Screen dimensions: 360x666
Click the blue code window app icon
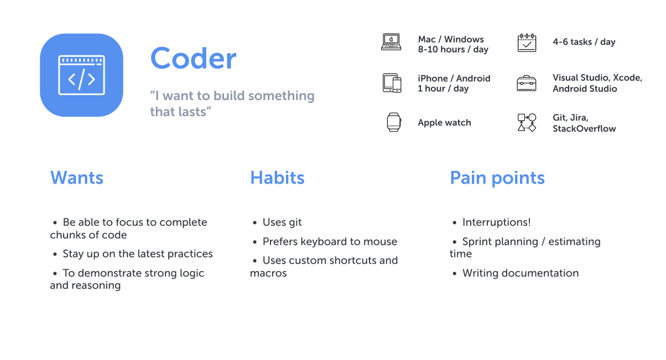81,75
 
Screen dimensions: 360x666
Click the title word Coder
193,58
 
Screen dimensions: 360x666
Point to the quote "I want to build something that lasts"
232,103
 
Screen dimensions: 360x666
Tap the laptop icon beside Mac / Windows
391,42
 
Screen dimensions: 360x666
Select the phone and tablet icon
392,83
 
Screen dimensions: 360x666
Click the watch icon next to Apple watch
393,122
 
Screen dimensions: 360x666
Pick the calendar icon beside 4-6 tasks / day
527,43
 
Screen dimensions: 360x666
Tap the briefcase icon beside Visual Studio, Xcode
527,83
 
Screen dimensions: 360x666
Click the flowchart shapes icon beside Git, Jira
527,122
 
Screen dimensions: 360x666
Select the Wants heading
77,178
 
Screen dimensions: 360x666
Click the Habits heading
277,178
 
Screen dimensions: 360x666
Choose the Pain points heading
497,178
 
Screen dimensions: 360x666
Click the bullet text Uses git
282,222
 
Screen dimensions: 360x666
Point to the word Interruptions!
496,222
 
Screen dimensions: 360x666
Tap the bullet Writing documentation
520,273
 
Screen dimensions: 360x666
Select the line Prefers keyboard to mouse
330,242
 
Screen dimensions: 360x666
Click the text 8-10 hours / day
453,50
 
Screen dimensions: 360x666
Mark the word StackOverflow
584,129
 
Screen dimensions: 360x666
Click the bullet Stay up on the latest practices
138,254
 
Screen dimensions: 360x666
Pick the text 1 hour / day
443,88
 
